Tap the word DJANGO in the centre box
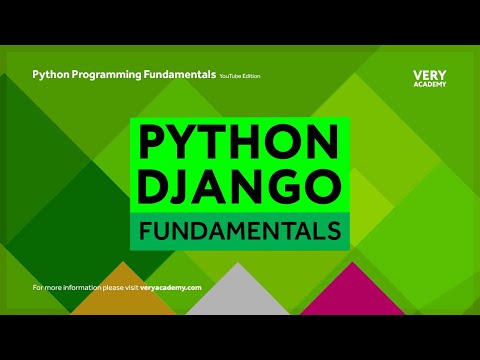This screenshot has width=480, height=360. click(x=240, y=186)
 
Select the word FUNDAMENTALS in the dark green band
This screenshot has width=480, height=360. click(x=240, y=231)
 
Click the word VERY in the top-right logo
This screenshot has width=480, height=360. click(x=429, y=75)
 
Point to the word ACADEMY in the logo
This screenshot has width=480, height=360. click(x=429, y=85)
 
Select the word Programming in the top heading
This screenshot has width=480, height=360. click(x=114, y=75)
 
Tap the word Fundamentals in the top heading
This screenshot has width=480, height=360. click(x=181, y=75)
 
